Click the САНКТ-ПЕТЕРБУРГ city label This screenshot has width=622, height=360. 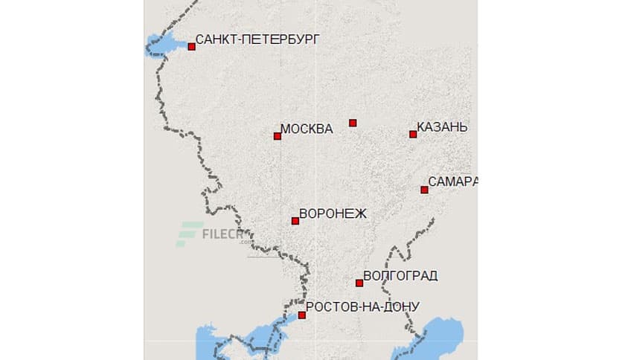click(257, 39)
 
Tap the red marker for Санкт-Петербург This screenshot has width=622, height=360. click(191, 46)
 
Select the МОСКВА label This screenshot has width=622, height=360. click(307, 129)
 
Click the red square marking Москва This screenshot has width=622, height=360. click(278, 136)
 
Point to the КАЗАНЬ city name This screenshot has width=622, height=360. click(442, 127)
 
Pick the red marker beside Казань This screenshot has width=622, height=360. click(413, 134)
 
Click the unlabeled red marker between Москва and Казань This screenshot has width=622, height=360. click(353, 123)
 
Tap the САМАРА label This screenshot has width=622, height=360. click(452, 181)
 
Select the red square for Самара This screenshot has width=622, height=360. click(424, 190)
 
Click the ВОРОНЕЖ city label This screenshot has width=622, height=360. click(333, 213)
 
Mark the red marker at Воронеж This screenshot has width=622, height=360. click(295, 221)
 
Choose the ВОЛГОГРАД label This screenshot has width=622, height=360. click(400, 276)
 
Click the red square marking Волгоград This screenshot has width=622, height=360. click(359, 283)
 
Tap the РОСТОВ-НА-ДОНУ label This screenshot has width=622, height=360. click(362, 306)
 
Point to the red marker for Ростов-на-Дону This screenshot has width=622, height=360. click(301, 315)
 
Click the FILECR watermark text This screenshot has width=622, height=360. click(223, 235)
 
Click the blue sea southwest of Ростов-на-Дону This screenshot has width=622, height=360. click(212, 342)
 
